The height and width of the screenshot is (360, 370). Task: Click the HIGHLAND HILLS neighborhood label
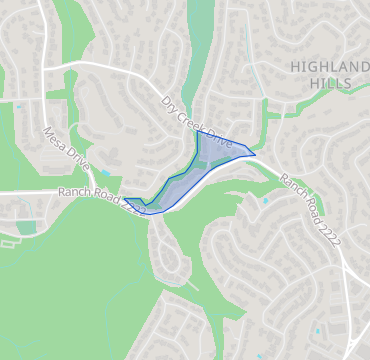pos(328,74)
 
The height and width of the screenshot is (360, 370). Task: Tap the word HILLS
pos(329,83)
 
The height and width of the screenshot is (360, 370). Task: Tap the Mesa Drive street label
pos(67,149)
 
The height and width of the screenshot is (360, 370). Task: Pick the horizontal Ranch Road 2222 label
pos(101,199)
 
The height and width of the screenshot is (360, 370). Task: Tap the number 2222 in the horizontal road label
pos(132,207)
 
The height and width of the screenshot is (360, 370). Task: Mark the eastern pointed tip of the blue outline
pos(255,154)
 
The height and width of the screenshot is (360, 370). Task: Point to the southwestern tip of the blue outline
pos(125,199)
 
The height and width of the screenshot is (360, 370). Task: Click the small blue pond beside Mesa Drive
pos(105,172)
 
